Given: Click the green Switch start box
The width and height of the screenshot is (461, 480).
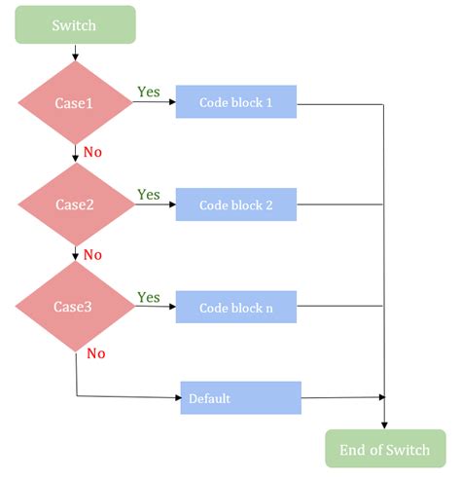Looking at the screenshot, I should coord(74,25).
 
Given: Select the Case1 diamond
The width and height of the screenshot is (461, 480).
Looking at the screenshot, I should coord(75,102).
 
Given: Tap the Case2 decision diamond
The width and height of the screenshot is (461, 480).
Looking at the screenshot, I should coord(75,204).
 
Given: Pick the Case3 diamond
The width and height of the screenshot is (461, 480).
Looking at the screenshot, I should coord(74,307).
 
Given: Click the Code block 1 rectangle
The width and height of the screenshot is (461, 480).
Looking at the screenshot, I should coord(235,102).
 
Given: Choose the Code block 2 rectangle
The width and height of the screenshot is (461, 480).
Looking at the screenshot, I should coord(235,205).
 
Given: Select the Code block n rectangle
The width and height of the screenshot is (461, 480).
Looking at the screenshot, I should coord(235,308).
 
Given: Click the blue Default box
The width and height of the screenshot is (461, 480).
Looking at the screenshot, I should coord(240,397).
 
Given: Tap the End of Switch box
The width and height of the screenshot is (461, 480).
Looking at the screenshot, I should coord(385,449).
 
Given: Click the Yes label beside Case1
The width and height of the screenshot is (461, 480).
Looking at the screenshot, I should coord(149,92).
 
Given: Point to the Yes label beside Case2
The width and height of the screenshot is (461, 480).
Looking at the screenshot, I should coord(149,195).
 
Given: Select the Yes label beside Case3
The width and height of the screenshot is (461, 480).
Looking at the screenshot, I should coord(149,297).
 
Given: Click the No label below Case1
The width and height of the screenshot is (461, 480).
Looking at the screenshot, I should coord(91,153).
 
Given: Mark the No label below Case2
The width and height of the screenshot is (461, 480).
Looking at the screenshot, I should coord(91,255).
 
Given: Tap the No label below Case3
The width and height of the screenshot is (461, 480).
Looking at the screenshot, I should coord(95,353).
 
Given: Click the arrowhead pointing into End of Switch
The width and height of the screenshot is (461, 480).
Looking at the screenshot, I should coord(385,425).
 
